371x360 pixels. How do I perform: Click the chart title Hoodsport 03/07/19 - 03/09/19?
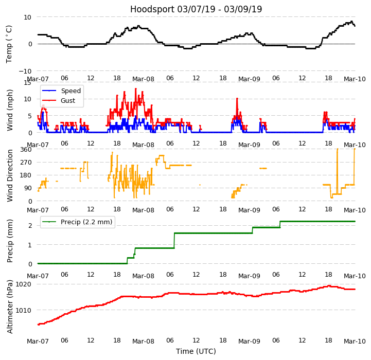point(196,9)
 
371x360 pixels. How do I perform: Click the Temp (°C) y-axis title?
point(9,44)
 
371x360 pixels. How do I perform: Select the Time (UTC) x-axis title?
point(196,351)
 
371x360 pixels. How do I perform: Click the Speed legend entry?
point(70,91)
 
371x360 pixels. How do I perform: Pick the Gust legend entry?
point(69,101)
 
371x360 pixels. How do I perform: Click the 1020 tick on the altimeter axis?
point(23,284)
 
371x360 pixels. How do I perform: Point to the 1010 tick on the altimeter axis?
point(23,310)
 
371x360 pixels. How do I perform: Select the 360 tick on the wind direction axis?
point(26,150)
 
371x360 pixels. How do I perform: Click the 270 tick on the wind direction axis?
point(26,163)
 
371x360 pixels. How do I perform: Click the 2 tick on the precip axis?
point(30,225)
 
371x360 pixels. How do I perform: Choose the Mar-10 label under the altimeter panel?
point(355,341)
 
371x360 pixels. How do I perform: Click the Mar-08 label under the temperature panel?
point(143,79)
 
